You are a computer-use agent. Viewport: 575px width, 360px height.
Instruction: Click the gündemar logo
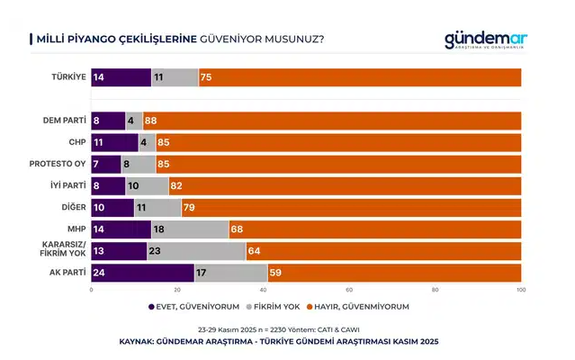click(487, 40)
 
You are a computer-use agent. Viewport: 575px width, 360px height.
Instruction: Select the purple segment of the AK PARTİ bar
click(143, 272)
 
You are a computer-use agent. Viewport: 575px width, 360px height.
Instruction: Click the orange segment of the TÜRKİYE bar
click(360, 77)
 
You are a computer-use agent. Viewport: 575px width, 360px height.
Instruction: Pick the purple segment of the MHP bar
click(121, 229)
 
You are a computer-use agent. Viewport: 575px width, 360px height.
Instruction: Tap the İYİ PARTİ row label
click(67, 184)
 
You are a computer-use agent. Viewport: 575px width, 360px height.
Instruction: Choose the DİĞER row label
click(72, 206)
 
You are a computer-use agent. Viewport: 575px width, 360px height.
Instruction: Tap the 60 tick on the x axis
click(349, 290)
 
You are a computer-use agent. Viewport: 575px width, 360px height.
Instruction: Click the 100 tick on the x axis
click(520, 290)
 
